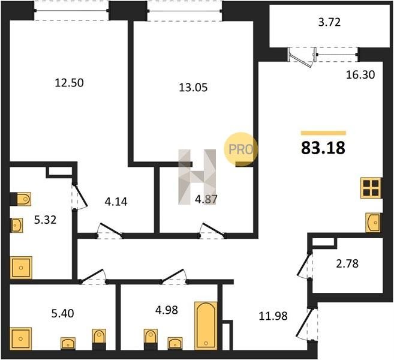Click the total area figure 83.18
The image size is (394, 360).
pyautogui.click(x=323, y=148)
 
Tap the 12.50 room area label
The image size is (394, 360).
pyautogui.click(x=69, y=83)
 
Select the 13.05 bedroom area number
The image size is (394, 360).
pyautogui.click(x=193, y=88)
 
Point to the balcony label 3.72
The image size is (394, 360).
pyautogui.click(x=329, y=22)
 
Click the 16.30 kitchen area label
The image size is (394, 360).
pyautogui.click(x=360, y=74)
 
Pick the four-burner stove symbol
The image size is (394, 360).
pyautogui.click(x=371, y=188)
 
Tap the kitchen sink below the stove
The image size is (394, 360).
pyautogui.click(x=373, y=223)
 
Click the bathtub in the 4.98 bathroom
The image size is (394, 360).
pyautogui.click(x=206, y=326)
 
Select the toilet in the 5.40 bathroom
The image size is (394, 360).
pyautogui.click(x=99, y=340)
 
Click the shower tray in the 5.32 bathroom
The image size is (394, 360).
pyautogui.click(x=21, y=268)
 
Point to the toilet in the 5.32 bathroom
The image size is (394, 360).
pyautogui.click(x=20, y=199)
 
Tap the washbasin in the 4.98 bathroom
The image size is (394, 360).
pyautogui.click(x=175, y=343)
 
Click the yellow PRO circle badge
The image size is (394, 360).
pyautogui.click(x=240, y=149)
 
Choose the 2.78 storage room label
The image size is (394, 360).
pyautogui.click(x=347, y=264)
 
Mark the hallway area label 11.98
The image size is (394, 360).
pyautogui.click(x=273, y=316)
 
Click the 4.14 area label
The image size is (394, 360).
pyautogui.click(x=116, y=202)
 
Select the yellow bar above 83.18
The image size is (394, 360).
pyautogui.click(x=323, y=133)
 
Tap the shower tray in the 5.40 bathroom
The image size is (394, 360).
pyautogui.click(x=21, y=338)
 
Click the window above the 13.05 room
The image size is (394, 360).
pyautogui.click(x=185, y=11)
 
